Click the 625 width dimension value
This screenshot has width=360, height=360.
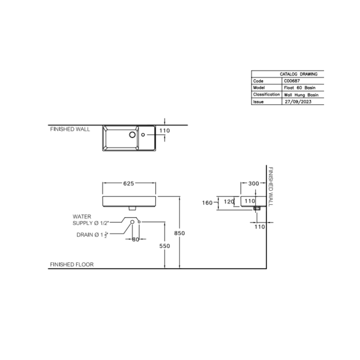(129, 184)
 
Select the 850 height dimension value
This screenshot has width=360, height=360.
(179, 233)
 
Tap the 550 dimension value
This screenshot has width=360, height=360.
(165, 246)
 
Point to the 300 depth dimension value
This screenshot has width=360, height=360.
(253, 184)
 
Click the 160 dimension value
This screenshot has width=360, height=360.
(207, 203)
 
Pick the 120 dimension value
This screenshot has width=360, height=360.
(229, 201)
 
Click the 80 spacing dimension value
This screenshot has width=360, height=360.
(136, 239)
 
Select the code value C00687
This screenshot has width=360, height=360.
(292, 81)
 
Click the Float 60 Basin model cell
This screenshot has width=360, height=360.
(300, 88)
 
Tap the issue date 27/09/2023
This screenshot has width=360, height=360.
(298, 102)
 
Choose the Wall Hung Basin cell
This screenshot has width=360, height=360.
(301, 95)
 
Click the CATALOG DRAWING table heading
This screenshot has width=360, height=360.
(298, 74)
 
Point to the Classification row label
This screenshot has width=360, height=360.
(266, 95)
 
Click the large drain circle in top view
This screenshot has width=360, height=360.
(132, 135)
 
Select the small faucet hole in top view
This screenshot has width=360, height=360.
(143, 135)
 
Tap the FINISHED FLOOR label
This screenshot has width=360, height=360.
(72, 264)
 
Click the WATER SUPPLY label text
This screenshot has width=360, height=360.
(91, 220)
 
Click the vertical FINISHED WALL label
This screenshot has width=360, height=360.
(271, 186)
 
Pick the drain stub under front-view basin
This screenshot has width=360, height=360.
(132, 208)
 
